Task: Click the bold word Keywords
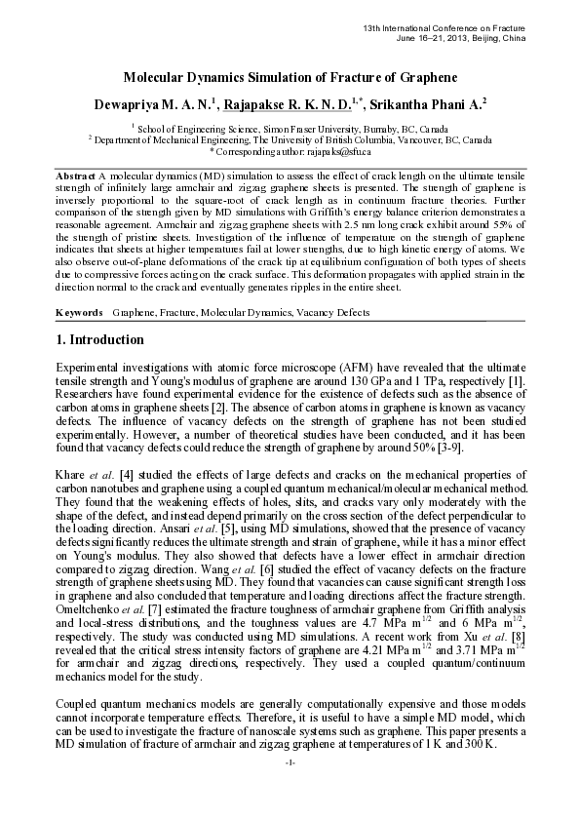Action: tap(79, 313)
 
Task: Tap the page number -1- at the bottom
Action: tap(290, 788)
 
